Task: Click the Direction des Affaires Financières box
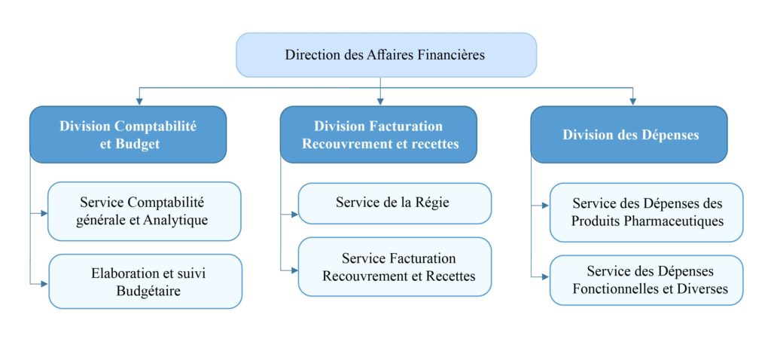pos(386,54)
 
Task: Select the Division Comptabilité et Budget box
pos(128,135)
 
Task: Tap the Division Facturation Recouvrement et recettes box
pos(379,135)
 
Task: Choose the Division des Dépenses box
pos(629,135)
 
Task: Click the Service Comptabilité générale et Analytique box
pos(145,212)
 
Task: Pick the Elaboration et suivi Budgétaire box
pos(145,282)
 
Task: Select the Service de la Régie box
pos(395,203)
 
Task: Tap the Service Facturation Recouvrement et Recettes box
pos(395,267)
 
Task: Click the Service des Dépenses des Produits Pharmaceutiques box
pos(646,212)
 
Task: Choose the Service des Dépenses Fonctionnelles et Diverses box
pos(646,280)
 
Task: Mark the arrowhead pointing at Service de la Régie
pos(294,215)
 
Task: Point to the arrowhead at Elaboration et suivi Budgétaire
pos(44,283)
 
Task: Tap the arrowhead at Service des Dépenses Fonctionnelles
pos(545,276)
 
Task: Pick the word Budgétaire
pos(145,291)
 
